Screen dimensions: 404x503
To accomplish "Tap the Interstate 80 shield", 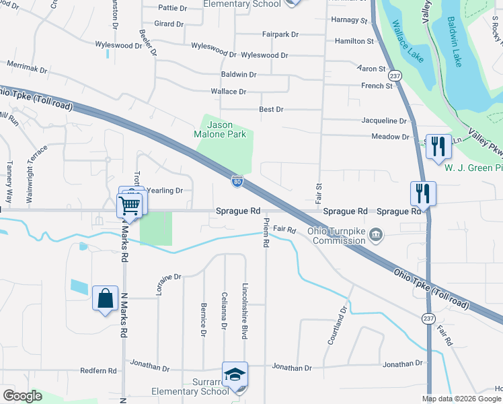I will tap(237, 180).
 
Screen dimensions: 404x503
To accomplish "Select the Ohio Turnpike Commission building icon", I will tap(377, 236).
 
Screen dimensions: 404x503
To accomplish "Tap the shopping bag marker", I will tap(106, 298).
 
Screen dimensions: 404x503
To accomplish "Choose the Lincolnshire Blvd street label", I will tap(245, 310).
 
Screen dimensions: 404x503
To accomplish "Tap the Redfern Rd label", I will tap(98, 371).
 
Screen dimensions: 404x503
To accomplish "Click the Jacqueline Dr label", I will tap(384, 121).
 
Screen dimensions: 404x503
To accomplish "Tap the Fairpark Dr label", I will tap(280, 33).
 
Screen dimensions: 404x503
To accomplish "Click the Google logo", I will tap(22, 396).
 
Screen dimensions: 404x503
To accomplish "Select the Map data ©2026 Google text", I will tap(461, 399).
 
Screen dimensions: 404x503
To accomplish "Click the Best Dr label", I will tap(272, 109).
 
